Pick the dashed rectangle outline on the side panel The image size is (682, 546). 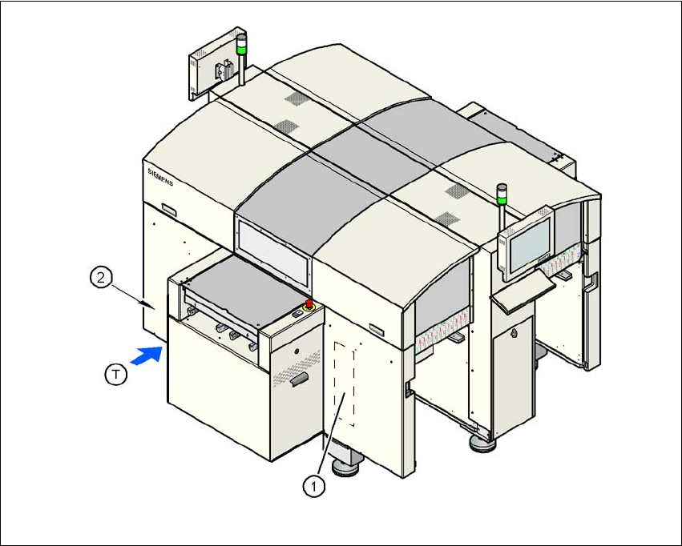coord(345,380)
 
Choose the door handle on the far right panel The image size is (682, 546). coord(594,281)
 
